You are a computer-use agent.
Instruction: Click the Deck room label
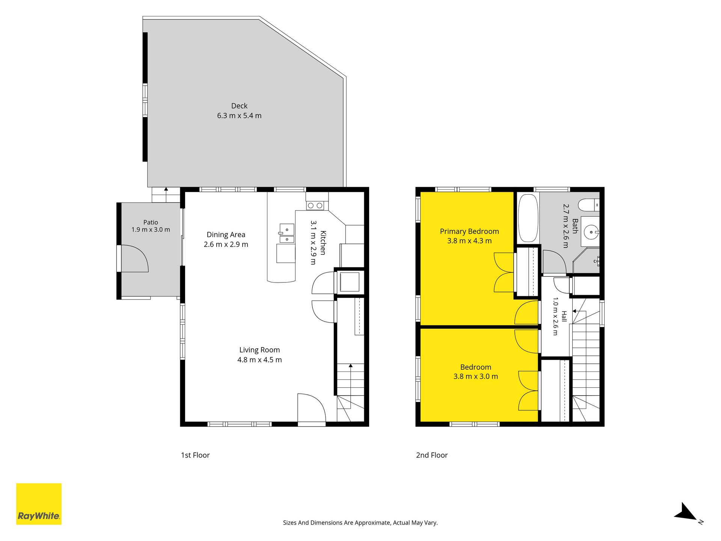coord(239,106)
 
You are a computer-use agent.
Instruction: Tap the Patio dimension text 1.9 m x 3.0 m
coord(151,230)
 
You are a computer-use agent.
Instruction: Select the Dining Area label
coord(226,235)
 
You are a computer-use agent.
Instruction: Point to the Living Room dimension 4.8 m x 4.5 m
coord(259,360)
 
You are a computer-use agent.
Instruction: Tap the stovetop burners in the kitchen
coord(315,206)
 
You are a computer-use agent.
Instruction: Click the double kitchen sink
coord(287,233)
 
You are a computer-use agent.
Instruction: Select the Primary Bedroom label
coord(469,231)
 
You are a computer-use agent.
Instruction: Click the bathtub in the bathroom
coord(528,218)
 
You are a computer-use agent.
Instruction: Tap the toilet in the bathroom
coord(588,205)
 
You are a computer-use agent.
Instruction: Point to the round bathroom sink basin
coord(591,232)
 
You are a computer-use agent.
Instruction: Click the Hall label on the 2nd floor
coord(564,316)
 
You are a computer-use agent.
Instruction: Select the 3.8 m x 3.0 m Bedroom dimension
coord(476,376)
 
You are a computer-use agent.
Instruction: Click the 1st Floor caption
coord(195,455)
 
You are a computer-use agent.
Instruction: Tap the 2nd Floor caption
coord(432,455)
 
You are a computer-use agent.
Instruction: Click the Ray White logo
coord(39,504)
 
